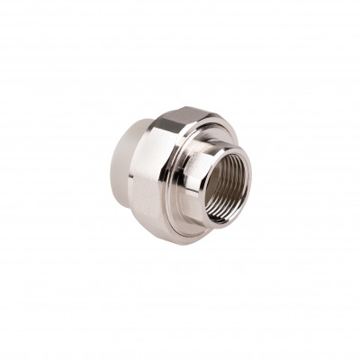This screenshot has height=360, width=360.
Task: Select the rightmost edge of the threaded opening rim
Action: coord(252,184)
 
